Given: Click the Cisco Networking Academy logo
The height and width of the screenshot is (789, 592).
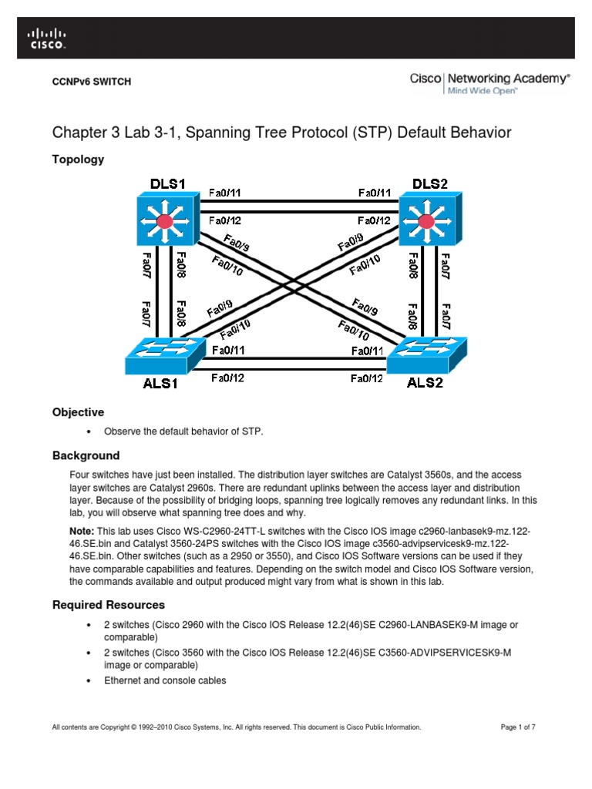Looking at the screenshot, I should pos(489,83).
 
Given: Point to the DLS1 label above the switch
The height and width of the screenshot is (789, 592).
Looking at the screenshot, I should pos(168,184).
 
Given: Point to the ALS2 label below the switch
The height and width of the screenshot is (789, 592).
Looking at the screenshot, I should pos(425,383).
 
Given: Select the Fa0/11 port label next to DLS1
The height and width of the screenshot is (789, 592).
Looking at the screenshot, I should pos(227,193).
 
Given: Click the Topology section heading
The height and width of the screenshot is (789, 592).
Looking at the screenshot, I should pos(78,159).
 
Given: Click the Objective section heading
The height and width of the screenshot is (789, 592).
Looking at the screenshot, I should pos(78,412).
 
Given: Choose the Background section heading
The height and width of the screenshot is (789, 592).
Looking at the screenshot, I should pos(86,455).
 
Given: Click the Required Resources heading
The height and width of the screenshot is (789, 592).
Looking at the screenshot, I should pos(108,605).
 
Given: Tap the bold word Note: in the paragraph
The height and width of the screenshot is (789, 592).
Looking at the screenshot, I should pos(82,531).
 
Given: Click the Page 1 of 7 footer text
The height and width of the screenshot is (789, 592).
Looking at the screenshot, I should pos(518,727).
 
